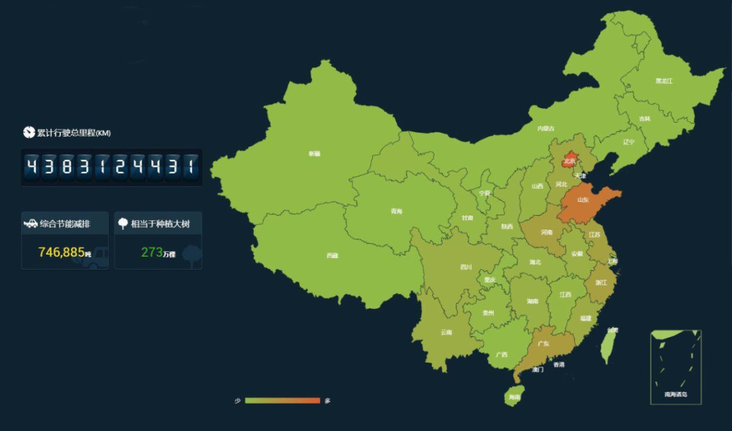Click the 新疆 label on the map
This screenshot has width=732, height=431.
(314, 154)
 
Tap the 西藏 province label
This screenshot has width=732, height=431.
(332, 256)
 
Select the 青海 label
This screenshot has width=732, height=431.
(396, 211)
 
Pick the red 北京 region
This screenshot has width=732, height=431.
(569, 161)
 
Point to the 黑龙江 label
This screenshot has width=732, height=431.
(664, 80)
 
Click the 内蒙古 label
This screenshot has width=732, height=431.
(545, 128)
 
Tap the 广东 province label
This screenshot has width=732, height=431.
(543, 343)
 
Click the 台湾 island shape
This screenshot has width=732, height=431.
(608, 348)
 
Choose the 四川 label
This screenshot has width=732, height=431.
(465, 267)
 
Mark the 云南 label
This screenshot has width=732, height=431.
(446, 332)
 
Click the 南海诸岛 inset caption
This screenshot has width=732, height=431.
(675, 394)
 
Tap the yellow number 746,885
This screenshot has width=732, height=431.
(61, 252)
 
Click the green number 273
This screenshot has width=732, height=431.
(151, 252)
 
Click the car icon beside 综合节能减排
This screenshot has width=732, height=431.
(30, 224)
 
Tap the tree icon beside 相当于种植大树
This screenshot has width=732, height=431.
(123, 224)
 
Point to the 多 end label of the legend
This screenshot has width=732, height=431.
(328, 401)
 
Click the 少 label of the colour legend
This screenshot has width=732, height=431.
(238, 401)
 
